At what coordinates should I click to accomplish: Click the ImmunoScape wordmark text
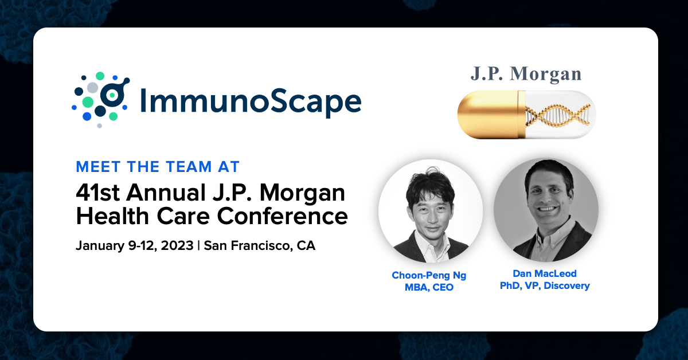[251, 101]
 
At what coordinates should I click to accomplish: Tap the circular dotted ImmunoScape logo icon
[101, 100]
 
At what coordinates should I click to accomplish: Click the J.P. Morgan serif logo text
[526, 75]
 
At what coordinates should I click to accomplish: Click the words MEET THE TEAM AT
[158, 167]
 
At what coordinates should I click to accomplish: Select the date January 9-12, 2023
[135, 246]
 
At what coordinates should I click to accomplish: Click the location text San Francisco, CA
[260, 246]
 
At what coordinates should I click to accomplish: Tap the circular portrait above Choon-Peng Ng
[431, 211]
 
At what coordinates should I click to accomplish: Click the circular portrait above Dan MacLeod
[546, 210]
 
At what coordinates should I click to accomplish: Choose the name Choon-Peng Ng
[429, 276]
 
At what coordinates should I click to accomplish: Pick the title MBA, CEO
[429, 288]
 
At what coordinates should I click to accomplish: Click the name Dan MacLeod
[545, 273]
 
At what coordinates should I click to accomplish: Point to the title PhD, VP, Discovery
[545, 286]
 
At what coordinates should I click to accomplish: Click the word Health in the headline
[112, 216]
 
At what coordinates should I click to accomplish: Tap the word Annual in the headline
[166, 193]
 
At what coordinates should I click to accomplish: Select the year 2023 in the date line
[177, 246]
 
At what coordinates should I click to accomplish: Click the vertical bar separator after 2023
[199, 246]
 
